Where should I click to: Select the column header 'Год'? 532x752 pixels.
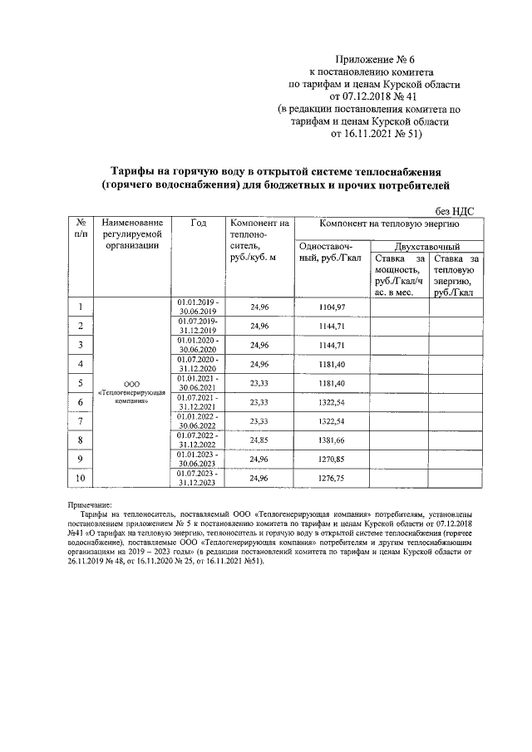click(x=199, y=223)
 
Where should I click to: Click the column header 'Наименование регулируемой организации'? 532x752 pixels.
click(x=132, y=233)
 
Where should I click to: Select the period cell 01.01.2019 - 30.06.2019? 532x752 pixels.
click(x=198, y=306)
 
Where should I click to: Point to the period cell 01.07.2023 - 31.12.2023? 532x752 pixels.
click(x=198, y=478)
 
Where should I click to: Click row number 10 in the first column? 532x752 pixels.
click(x=81, y=478)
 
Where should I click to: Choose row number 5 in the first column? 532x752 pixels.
click(x=81, y=382)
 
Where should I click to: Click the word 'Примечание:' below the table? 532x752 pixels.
click(x=94, y=505)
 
